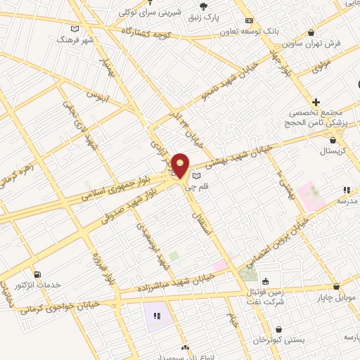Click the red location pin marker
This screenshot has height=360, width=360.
181,166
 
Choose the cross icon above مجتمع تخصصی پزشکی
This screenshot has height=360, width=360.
316,102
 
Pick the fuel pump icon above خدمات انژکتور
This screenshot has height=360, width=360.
37,274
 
